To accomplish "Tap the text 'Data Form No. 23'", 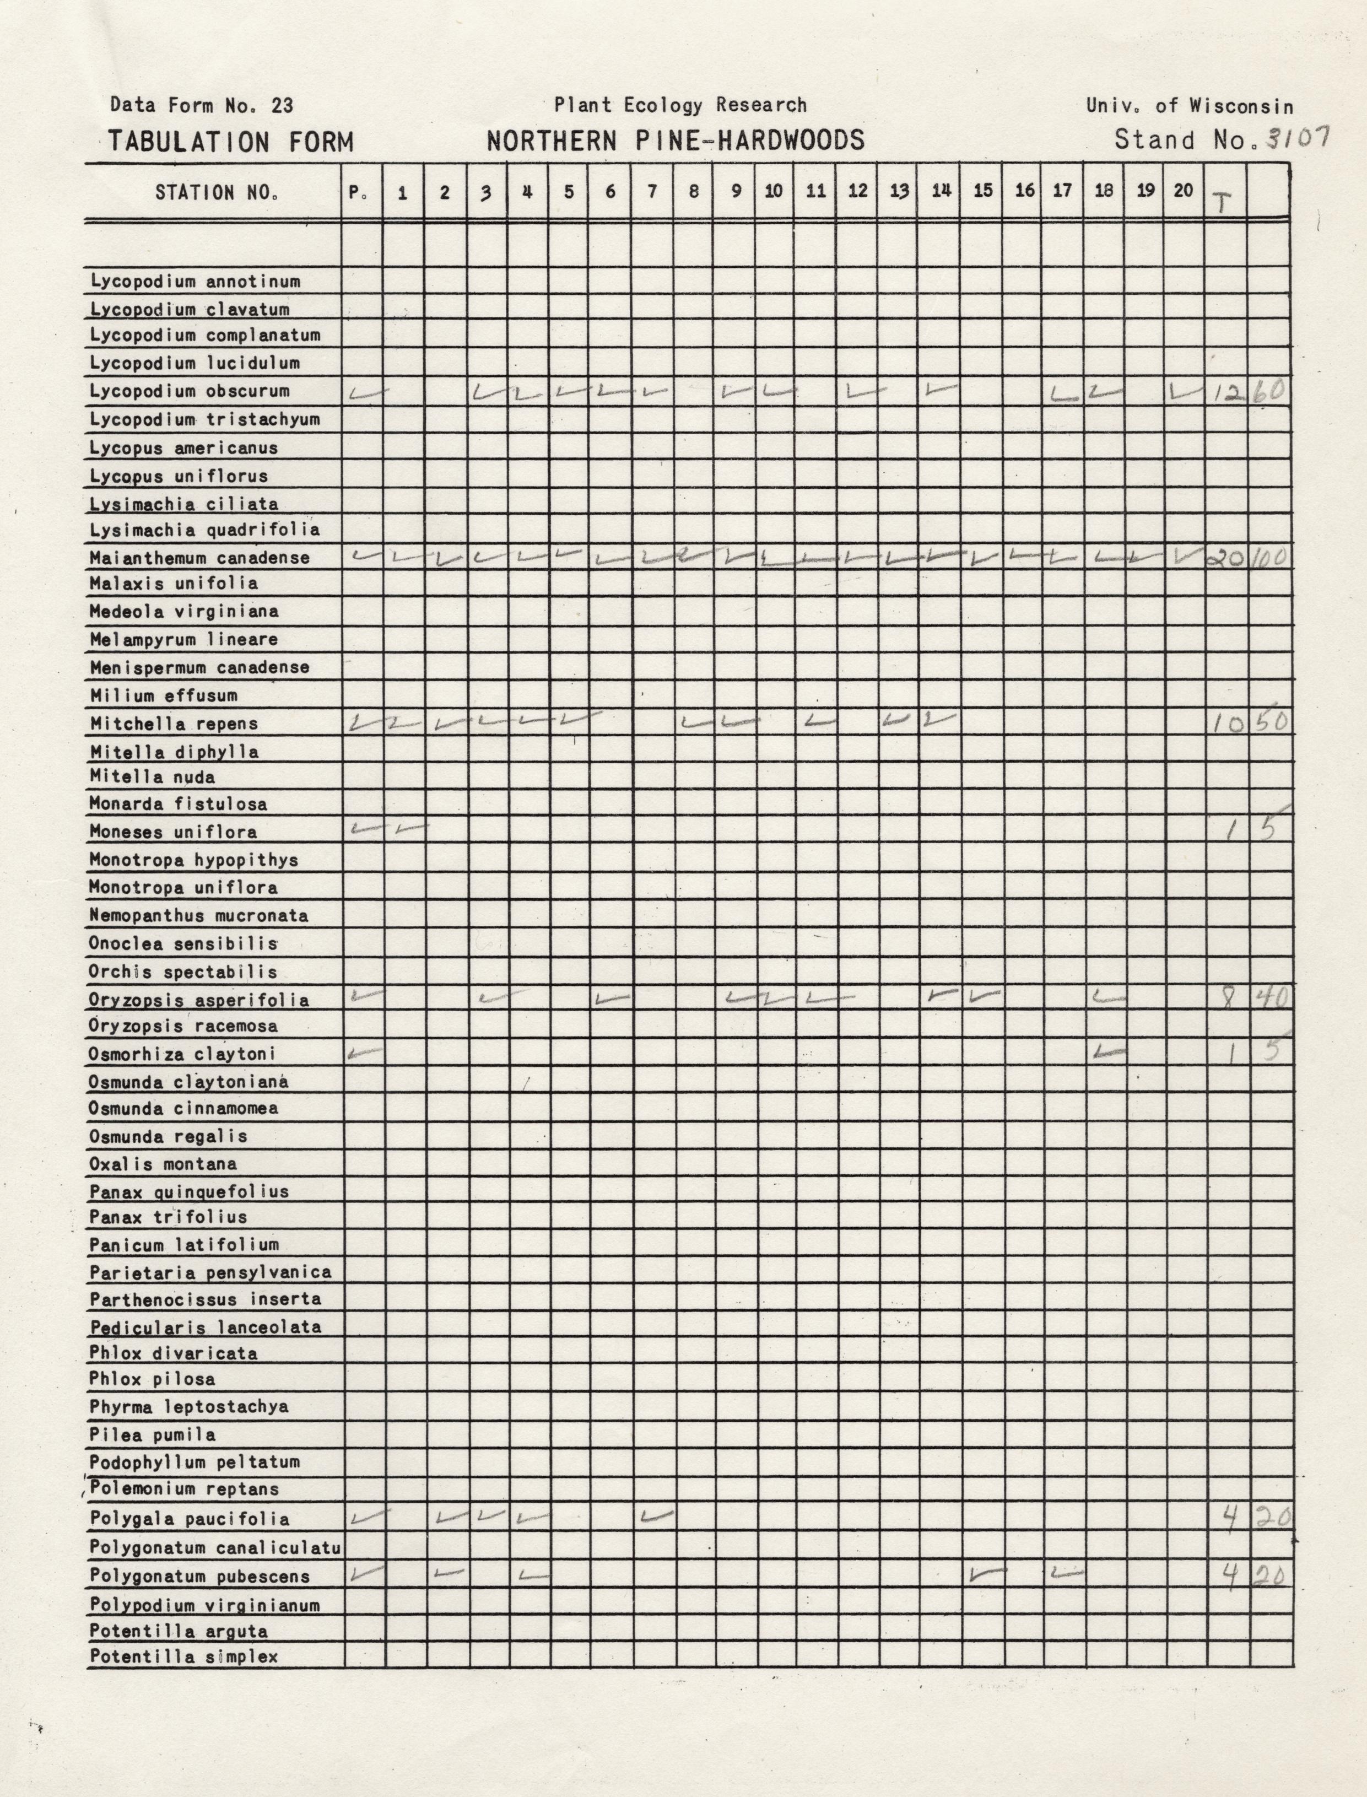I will [x=201, y=105].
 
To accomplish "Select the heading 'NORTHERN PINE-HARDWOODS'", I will [x=676, y=141].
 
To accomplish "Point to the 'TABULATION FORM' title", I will [x=231, y=142].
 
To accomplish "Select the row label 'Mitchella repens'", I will [x=174, y=724].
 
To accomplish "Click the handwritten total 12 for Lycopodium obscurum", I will [x=1227, y=393].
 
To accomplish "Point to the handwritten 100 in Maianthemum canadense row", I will [x=1268, y=558].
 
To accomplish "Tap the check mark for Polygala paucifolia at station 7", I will [x=657, y=1515].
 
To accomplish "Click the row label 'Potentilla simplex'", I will [x=184, y=1656].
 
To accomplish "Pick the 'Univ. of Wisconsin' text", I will [x=1189, y=106].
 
